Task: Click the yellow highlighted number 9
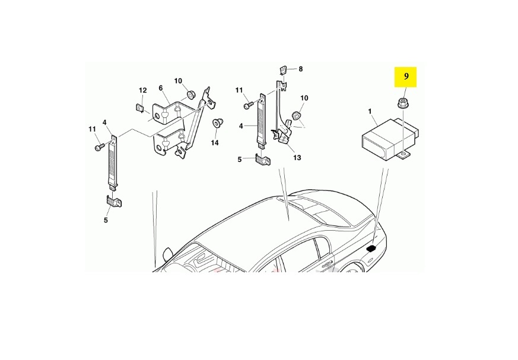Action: (x=406, y=76)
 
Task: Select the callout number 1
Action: (x=370, y=111)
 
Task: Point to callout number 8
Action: (x=300, y=69)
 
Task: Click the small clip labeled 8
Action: (x=283, y=71)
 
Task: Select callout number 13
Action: (x=297, y=158)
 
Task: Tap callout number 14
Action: (x=215, y=143)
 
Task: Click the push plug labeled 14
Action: (x=217, y=123)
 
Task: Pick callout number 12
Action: (x=142, y=90)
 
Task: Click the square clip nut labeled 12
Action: (x=140, y=108)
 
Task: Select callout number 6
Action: (x=161, y=88)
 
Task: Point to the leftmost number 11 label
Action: (x=92, y=129)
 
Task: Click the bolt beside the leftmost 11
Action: (x=100, y=147)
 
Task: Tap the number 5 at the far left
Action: (x=106, y=219)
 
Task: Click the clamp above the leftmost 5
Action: (x=114, y=202)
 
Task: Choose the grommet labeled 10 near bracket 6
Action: (x=190, y=94)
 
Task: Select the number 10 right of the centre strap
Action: (x=304, y=98)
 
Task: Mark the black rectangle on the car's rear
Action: (x=371, y=249)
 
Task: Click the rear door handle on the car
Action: (x=327, y=265)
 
